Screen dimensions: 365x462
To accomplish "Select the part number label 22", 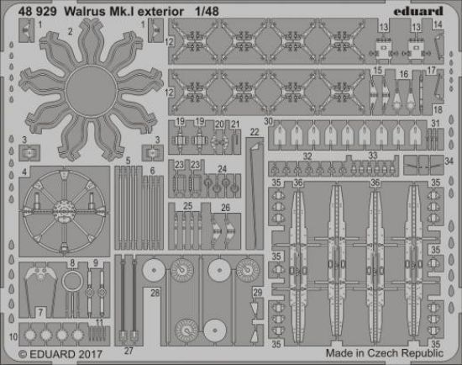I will (x=254, y=131).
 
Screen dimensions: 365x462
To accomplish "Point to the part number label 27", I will (x=129, y=348).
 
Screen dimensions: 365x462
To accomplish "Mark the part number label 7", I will (x=40, y=311).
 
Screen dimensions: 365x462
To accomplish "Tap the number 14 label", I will (x=437, y=25).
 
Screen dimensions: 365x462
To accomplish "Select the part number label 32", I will (x=307, y=156).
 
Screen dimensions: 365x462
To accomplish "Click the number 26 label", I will (x=224, y=208).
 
